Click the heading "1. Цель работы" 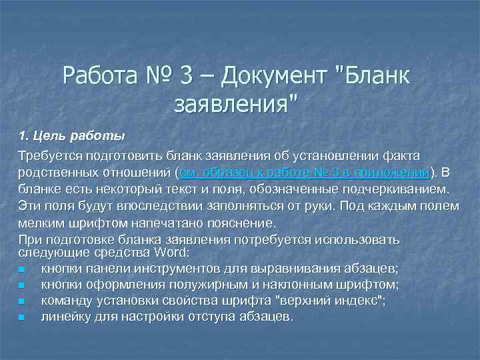(x=72, y=137)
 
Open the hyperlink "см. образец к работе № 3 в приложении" (x=304, y=173)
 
